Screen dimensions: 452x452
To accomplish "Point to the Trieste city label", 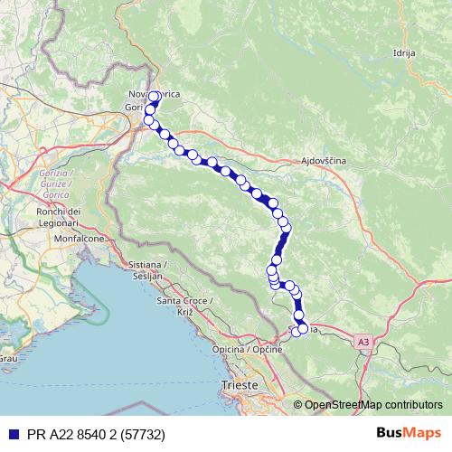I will tap(240, 385).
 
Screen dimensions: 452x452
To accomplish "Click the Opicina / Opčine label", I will tap(244, 349).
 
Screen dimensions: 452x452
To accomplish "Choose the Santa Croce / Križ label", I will tap(186, 305).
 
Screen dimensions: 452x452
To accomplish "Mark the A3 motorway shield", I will tap(363, 342).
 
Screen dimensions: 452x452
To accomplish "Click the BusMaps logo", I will tap(408, 432).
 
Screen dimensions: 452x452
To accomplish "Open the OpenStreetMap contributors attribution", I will tap(372, 406).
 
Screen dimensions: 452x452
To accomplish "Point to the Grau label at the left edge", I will tap(8, 359).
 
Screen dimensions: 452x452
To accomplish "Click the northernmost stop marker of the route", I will tap(155, 97).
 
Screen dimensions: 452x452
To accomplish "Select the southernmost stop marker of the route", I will tap(297, 333).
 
